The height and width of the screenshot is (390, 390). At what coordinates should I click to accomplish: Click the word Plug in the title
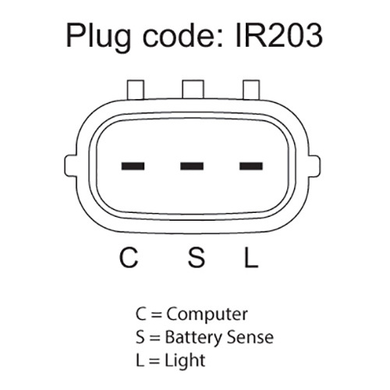[98, 37]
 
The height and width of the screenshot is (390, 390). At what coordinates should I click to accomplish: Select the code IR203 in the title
[279, 36]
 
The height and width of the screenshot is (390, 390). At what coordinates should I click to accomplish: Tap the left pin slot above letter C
[133, 166]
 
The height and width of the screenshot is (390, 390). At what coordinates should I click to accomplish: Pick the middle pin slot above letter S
[192, 166]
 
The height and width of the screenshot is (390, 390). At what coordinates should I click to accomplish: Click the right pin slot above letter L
[251, 166]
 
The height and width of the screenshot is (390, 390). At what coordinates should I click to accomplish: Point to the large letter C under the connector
[129, 257]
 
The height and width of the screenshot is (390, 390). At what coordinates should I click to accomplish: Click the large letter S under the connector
[197, 257]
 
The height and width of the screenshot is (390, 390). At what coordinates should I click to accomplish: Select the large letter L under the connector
[251, 257]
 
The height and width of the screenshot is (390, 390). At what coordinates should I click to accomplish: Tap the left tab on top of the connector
[136, 90]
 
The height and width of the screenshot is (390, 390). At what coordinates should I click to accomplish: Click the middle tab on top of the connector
[193, 90]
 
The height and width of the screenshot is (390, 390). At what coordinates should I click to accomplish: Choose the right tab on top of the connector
[251, 90]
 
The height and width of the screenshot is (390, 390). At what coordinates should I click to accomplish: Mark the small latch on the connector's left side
[70, 166]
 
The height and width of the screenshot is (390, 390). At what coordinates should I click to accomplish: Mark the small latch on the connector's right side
[314, 166]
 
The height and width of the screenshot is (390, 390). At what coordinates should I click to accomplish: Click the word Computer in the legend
[207, 315]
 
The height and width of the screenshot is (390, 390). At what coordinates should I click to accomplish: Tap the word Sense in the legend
[250, 338]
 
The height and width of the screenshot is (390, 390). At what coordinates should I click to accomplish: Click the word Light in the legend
[185, 360]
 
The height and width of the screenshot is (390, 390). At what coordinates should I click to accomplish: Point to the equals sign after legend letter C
[157, 315]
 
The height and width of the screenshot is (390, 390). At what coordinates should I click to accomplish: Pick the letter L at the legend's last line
[140, 360]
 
